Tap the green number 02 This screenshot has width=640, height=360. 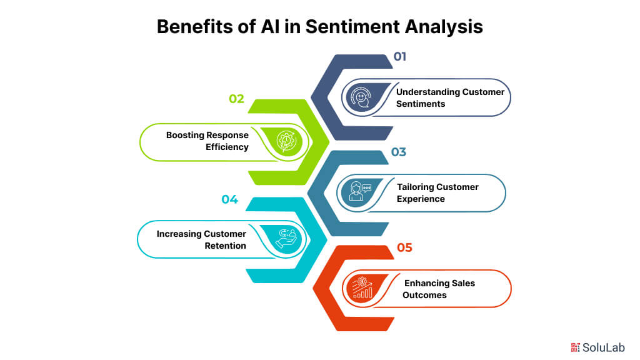(236, 99)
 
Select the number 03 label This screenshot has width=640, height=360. (399, 152)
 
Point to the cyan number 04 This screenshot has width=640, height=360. (230, 199)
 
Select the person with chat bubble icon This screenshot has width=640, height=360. (356, 192)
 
